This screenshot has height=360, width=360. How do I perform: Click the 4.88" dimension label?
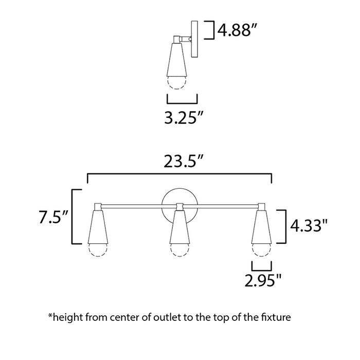click(237, 30)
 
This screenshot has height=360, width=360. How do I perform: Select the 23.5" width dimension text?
click(180, 161)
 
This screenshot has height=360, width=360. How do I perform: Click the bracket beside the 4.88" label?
click(210, 30)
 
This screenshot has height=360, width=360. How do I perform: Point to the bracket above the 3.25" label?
click(182, 99)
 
